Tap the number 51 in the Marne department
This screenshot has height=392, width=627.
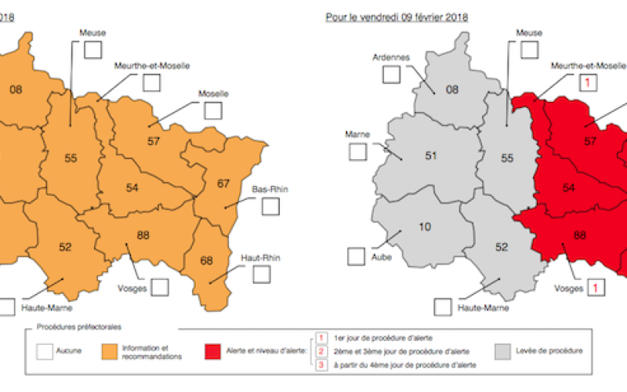(430, 155)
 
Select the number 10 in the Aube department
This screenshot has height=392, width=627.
(425, 227)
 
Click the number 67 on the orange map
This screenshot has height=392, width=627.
(223, 183)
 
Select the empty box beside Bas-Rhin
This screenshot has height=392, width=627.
(270, 207)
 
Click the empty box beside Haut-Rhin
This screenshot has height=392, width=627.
(262, 274)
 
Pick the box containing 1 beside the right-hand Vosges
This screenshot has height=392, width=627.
(598, 289)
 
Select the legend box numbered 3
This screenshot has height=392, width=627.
(321, 364)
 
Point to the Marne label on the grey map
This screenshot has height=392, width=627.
(357, 133)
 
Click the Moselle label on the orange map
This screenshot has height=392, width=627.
(213, 93)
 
